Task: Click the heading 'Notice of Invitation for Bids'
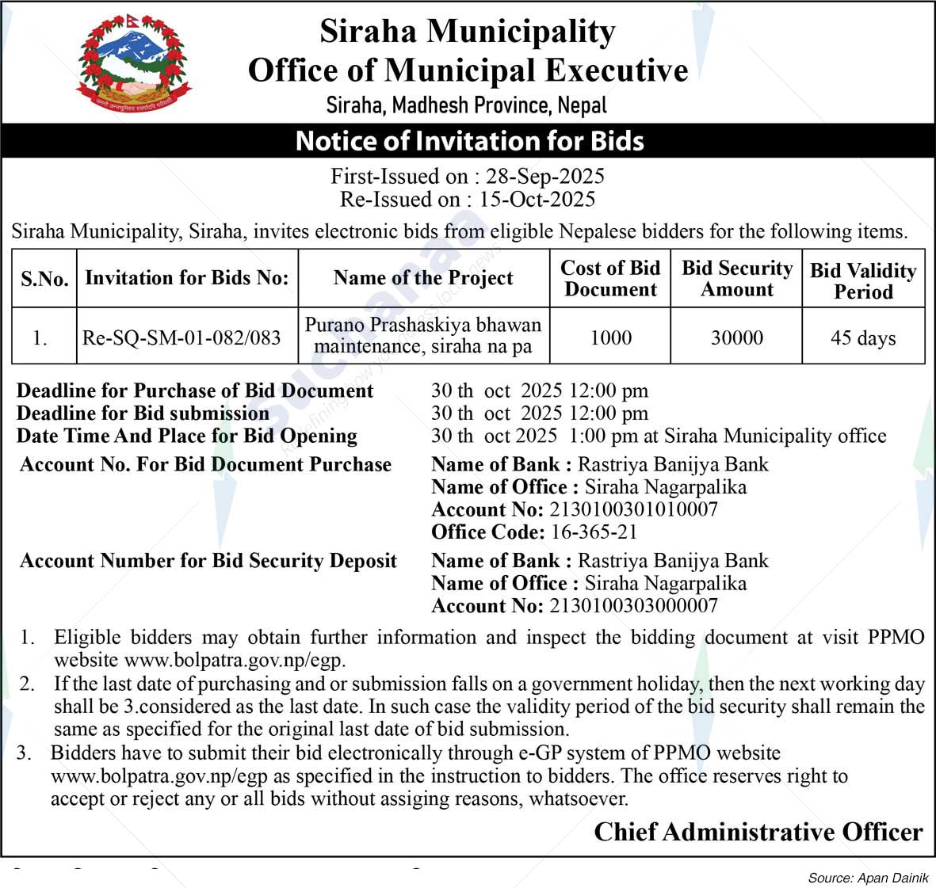point(469,141)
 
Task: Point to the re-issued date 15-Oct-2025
point(537,199)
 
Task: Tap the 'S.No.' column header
point(44,279)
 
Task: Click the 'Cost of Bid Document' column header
point(610,279)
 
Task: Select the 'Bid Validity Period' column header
point(863,280)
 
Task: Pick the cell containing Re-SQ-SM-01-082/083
point(181,337)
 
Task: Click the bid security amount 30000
point(736,337)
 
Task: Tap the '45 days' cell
point(863,337)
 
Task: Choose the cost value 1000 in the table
point(610,337)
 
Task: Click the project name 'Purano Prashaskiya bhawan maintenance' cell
point(423,336)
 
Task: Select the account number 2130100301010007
point(633,509)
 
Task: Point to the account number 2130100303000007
point(633,606)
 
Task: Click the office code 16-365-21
point(594,532)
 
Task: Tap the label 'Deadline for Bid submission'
point(143,414)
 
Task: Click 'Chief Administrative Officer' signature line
point(758,832)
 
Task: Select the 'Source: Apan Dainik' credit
point(868,878)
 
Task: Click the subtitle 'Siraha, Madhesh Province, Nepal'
point(467,105)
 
